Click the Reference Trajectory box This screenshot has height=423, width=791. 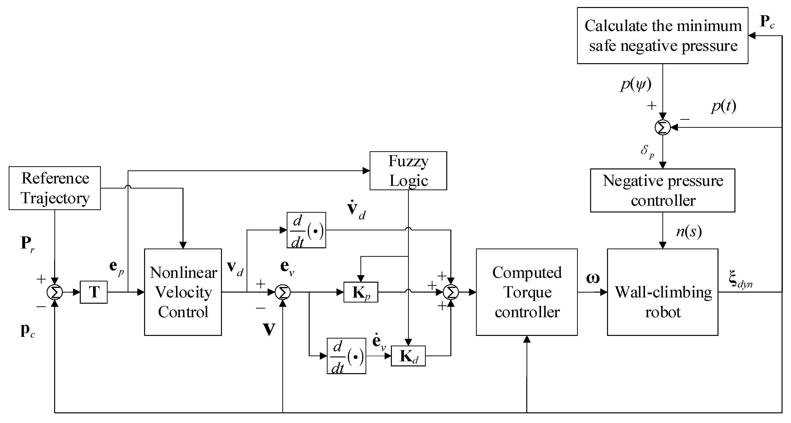coord(55,188)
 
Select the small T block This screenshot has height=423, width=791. coord(94,292)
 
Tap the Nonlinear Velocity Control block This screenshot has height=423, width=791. coord(183,292)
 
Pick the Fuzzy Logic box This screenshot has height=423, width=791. coord(408,171)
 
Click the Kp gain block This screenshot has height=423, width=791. coord(361,292)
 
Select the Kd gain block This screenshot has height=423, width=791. coord(408,356)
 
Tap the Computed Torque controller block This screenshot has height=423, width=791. coord(527,292)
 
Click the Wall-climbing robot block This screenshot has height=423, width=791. coord(663,292)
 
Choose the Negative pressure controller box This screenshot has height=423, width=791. coord(663,190)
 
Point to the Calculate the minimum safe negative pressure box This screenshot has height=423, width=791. coord(663,36)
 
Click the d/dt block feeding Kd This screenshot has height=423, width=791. coord(346,356)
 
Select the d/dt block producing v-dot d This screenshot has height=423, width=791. coord(306,230)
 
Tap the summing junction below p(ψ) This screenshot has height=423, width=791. coord(663,128)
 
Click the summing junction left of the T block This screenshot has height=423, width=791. coord(55,292)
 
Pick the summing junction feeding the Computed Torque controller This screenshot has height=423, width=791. coord(451,292)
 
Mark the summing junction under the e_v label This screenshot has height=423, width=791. coord(283,292)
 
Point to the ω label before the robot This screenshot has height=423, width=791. coord(593,278)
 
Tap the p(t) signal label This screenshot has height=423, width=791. coord(724,106)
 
